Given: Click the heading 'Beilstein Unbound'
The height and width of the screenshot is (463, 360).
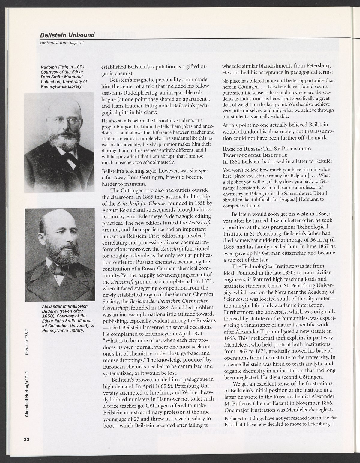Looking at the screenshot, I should point(67,35).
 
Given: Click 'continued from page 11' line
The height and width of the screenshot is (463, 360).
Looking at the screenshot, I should point(62,42).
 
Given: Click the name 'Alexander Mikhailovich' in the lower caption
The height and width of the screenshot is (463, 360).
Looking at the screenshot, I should point(64,306).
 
